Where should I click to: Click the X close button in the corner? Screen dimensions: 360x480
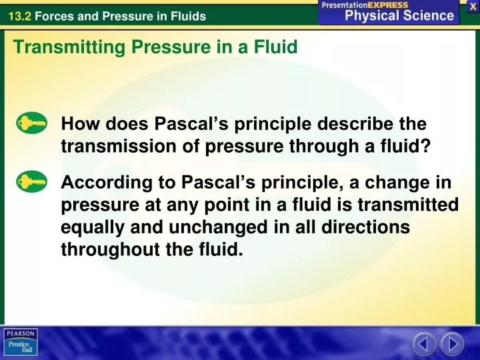(473, 6)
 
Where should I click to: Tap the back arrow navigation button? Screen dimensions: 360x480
(424, 344)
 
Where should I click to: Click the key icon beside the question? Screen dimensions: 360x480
(32, 123)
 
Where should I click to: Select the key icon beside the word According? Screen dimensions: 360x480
(32, 181)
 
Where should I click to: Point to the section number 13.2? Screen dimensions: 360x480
(19, 16)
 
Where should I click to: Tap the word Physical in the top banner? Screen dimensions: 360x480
(373, 15)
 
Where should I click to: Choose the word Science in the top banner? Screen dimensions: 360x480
(429, 15)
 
